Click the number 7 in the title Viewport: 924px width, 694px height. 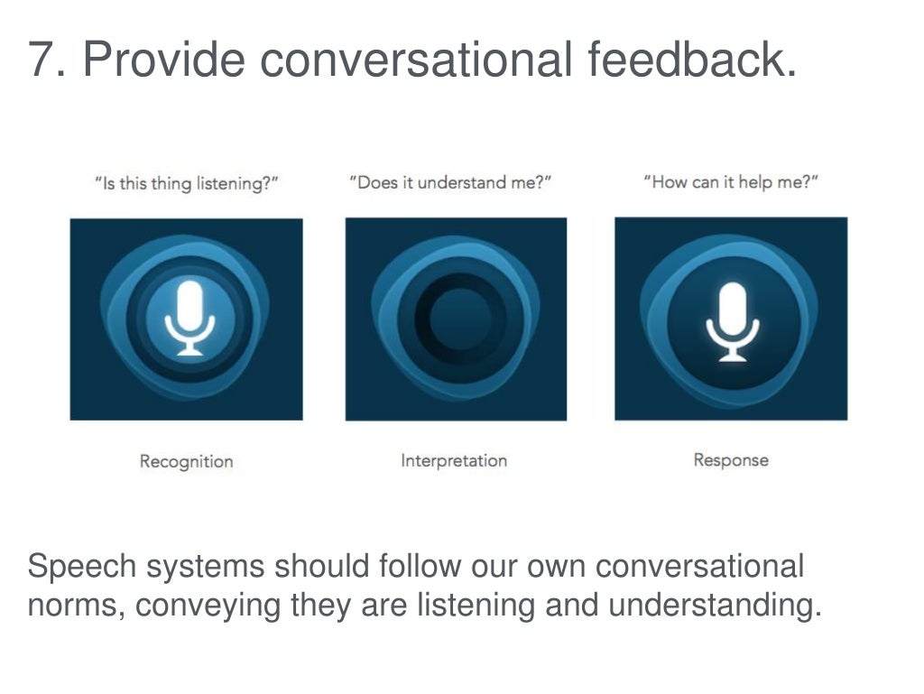pos(42,60)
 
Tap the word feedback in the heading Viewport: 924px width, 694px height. pos(692,60)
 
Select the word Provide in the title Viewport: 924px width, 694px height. pos(163,60)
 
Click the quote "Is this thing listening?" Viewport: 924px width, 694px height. pos(186,184)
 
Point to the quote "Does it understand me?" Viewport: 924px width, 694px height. pos(450,183)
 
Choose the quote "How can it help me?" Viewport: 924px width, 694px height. pos(731,183)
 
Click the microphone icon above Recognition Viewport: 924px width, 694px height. pos(189,318)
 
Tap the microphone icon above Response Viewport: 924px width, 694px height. pos(732,321)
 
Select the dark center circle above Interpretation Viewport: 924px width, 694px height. pos(459,318)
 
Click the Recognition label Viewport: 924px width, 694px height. pos(186,461)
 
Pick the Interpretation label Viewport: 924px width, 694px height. pos(454,460)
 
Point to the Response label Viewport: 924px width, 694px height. pos(731,459)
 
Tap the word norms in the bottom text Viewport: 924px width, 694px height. pos(76,605)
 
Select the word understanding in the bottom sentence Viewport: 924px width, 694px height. pos(715,605)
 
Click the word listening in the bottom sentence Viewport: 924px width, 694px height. pos(476,605)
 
